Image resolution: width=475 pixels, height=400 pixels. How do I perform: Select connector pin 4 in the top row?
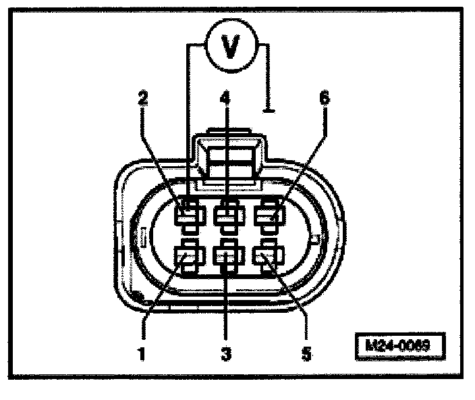[227, 215]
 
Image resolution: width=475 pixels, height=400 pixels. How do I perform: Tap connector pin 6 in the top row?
[267, 215]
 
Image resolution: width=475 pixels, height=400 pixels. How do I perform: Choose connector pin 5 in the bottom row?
[267, 257]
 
